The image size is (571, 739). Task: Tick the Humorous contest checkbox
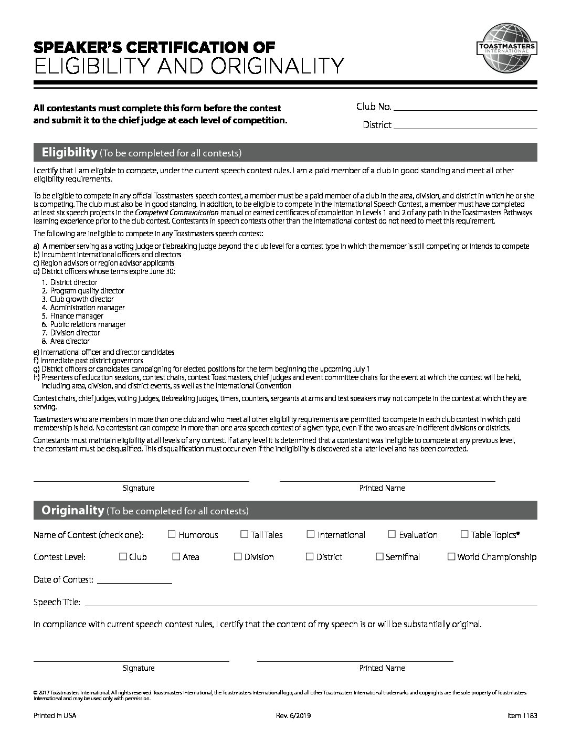pos(172,534)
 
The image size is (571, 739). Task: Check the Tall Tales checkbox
pos(244,534)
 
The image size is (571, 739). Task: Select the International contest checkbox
pos(311,534)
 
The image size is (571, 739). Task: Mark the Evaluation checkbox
pos(392,534)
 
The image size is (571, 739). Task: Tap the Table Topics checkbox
pos(464,534)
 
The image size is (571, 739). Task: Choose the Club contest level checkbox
pos(123,556)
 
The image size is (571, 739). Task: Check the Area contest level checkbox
pos(176,556)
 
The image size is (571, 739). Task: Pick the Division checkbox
pos(238,556)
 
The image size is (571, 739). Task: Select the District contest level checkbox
pos(310,556)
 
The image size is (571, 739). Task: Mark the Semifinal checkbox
pos(379,556)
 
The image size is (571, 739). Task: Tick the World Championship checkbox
pos(451,556)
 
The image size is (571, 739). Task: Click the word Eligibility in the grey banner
pos(70,153)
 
